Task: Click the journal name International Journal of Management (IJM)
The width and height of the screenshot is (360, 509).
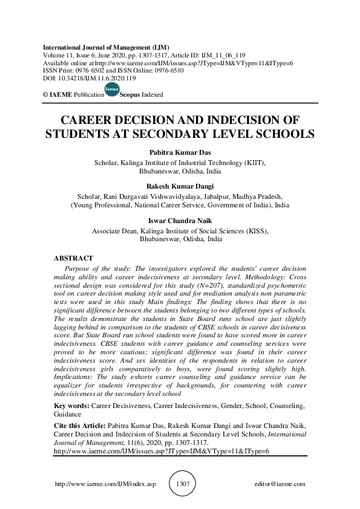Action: [x=105, y=47]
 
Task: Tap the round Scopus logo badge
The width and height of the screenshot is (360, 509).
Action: [x=111, y=90]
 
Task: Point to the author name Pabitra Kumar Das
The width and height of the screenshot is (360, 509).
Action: [x=180, y=154]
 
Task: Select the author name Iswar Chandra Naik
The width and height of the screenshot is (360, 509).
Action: [x=180, y=221]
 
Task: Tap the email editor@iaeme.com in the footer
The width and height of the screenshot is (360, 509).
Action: [x=280, y=484]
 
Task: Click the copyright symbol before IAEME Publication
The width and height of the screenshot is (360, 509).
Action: [x=45, y=95]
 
